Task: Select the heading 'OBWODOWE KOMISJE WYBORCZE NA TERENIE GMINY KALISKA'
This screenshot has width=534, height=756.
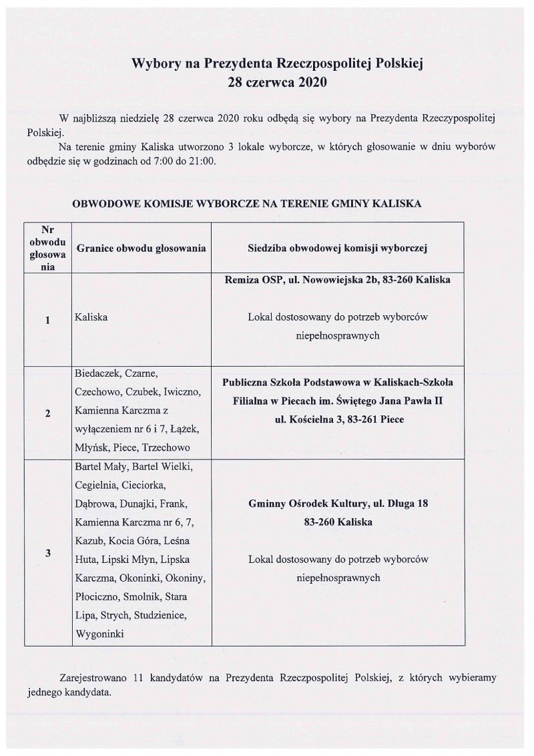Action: click(246, 203)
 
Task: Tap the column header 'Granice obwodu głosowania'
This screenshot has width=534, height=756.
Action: click(142, 247)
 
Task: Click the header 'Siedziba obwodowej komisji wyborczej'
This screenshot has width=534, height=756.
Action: click(337, 247)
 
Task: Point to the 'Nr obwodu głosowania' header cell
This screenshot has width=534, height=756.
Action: click(48, 247)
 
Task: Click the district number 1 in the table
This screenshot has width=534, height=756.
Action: click(48, 320)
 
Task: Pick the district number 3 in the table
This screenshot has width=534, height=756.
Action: click(48, 553)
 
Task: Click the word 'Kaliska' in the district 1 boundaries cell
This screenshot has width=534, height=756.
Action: click(91, 318)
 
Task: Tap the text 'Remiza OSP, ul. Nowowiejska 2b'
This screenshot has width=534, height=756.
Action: click(296, 280)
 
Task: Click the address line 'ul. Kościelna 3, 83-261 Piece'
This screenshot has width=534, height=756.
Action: click(337, 419)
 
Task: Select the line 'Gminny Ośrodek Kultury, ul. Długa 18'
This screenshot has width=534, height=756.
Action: click(337, 505)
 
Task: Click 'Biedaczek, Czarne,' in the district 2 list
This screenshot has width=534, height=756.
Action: click(116, 373)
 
